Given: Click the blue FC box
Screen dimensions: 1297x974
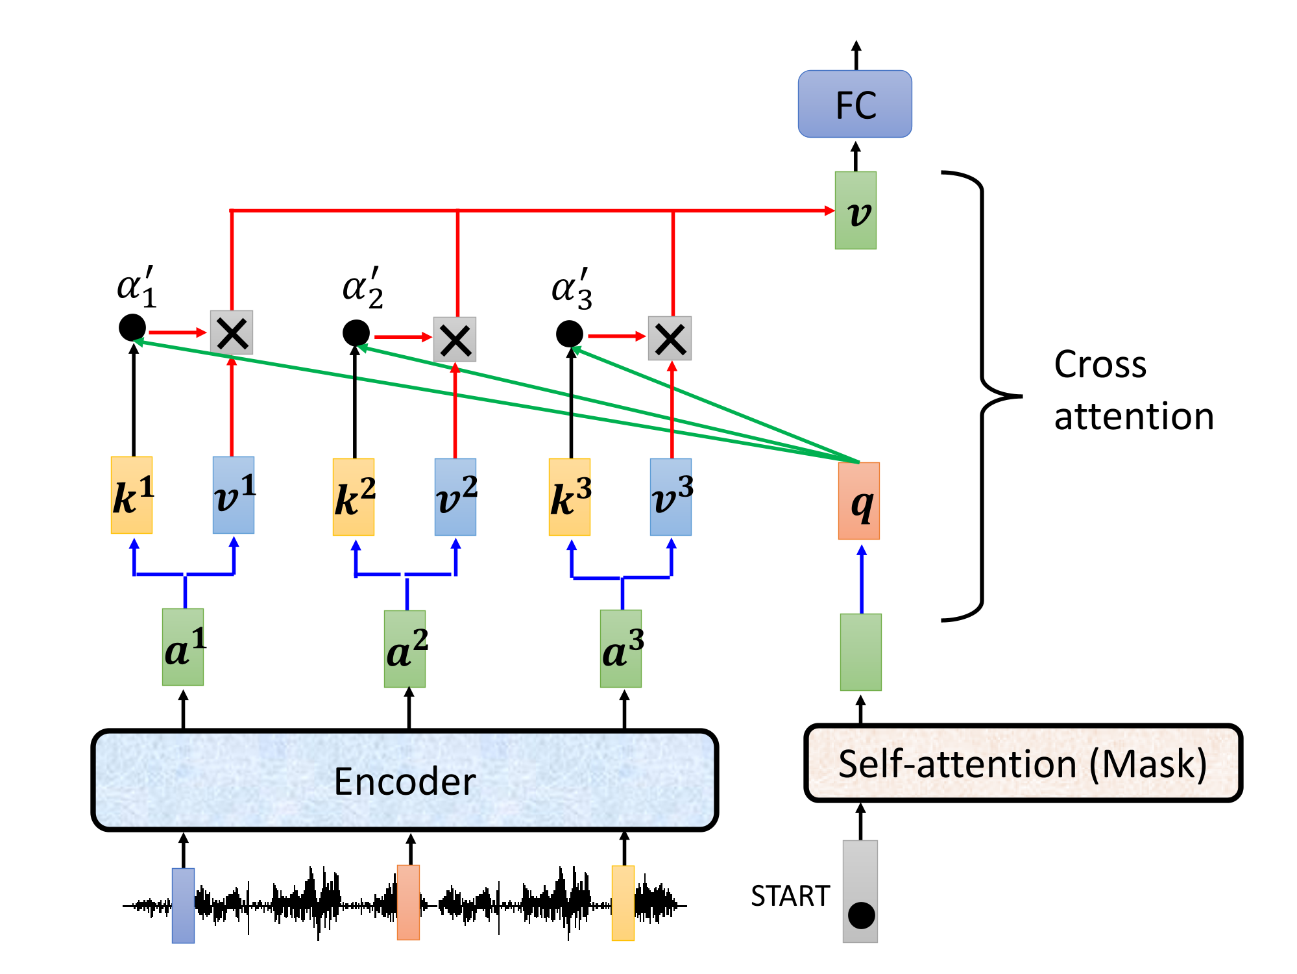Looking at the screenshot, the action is coord(855,104).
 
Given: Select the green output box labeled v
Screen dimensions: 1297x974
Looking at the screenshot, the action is coord(855,210).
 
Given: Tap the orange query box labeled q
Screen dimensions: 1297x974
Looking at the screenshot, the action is coord(858,501).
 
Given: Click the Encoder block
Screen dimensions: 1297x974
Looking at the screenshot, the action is coord(405,780).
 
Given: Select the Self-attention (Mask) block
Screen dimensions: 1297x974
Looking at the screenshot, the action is coord(1023,763).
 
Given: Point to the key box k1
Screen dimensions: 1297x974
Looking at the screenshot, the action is coord(132,495).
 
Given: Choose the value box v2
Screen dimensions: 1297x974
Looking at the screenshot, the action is coord(455,497).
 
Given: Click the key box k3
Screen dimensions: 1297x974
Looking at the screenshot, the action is coord(570,497).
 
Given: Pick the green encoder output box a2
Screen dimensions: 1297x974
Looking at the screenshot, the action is coord(405,649).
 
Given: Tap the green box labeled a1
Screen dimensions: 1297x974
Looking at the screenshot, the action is coord(183,647).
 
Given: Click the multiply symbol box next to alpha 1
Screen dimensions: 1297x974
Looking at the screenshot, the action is coord(232,332).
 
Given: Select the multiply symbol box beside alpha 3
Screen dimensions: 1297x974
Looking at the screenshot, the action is coord(670,338).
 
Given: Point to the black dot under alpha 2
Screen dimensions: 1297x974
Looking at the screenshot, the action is coord(356,333).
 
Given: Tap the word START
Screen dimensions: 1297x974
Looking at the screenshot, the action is coord(790,896).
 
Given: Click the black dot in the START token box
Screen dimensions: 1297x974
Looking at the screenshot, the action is coord(861,916).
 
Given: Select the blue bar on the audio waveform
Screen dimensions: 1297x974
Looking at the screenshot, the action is coord(183,905).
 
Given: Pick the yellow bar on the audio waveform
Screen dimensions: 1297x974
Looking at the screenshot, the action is coord(623,903).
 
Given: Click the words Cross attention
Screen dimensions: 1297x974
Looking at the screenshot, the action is coord(1133,390).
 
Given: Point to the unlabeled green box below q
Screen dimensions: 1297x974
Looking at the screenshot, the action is coord(861,652).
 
